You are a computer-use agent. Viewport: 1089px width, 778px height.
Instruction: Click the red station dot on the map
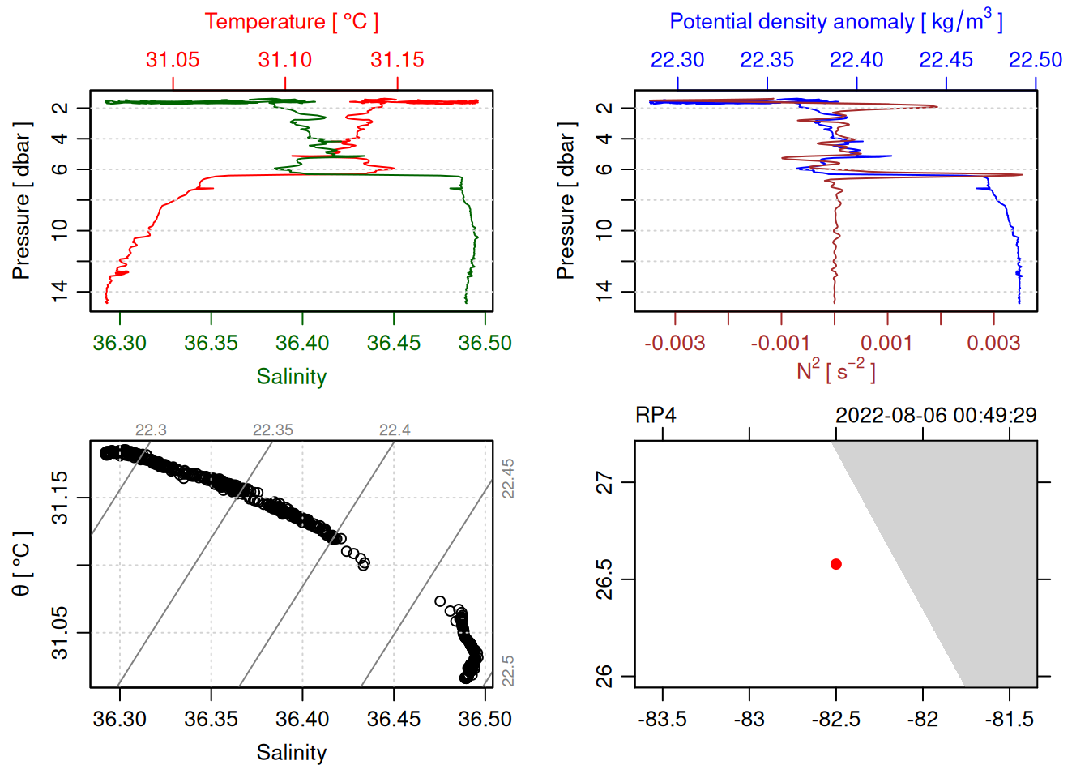836,564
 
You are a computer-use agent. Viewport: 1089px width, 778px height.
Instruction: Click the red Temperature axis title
291,22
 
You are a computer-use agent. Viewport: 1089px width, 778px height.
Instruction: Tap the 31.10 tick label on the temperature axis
285,60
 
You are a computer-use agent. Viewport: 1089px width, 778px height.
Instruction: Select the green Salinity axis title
292,377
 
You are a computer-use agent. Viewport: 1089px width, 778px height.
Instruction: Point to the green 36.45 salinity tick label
394,343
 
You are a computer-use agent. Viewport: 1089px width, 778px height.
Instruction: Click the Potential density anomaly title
835,21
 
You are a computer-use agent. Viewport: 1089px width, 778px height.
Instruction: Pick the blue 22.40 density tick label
856,60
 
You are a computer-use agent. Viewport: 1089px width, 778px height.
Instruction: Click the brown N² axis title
835,371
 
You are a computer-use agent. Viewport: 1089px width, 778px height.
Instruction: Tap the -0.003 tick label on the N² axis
675,343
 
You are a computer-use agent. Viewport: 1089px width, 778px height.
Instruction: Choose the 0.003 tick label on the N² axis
993,343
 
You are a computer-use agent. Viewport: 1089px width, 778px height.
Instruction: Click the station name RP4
656,416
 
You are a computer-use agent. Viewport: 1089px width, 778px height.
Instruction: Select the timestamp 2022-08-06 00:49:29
936,416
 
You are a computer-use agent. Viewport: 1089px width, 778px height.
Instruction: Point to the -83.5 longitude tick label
663,719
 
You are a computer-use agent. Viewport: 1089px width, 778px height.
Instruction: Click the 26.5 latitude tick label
605,579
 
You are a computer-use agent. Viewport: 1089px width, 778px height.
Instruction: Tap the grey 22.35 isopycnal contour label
273,430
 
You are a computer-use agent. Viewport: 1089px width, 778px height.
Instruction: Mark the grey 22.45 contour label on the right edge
508,478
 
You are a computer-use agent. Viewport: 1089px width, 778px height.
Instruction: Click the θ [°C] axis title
22,564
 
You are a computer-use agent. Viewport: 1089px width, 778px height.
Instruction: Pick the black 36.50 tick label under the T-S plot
485,719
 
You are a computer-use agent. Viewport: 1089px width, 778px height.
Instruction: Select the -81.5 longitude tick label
1010,719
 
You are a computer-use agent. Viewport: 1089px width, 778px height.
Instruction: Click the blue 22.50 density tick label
1036,60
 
